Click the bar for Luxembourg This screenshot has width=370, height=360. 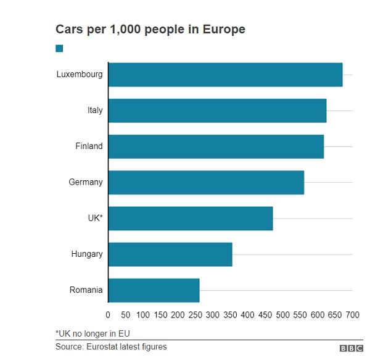pos(225,75)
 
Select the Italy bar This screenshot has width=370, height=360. pos(217,111)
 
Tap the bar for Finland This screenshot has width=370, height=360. pos(216,146)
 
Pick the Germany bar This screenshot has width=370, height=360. pos(206,182)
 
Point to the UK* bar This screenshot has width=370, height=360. pos(191,218)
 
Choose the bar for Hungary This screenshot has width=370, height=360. pos(170,254)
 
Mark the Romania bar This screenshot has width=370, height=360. pos(154,290)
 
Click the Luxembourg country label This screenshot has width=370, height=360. pos(80,75)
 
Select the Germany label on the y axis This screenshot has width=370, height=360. pos(86,182)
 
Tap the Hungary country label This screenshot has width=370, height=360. pos(87,254)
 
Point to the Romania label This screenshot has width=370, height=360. pos(86,290)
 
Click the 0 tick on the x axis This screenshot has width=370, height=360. pos(109,315)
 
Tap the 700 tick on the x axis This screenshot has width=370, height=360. pos(352,315)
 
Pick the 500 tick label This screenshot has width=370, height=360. pos(282,315)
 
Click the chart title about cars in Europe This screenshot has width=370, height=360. pos(150,29)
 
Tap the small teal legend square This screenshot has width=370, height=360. pos(59,48)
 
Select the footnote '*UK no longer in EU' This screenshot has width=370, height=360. pos(92,333)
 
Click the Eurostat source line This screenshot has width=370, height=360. pos(111,347)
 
